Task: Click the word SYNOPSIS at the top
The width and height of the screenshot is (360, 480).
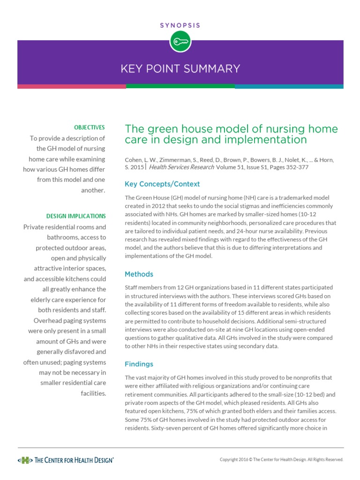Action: pyautogui.click(x=180, y=25)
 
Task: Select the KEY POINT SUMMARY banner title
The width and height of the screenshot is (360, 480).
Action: pyautogui.click(x=180, y=69)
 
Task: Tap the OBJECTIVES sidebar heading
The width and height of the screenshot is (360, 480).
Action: pyautogui.click(x=90, y=127)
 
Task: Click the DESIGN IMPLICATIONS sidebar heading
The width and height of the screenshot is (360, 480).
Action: pyautogui.click(x=76, y=216)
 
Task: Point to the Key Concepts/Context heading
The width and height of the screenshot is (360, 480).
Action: pyautogui.click(x=162, y=184)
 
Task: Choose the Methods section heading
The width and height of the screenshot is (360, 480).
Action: pyautogui.click(x=139, y=274)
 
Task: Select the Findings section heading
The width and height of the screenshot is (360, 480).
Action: pyautogui.click(x=139, y=364)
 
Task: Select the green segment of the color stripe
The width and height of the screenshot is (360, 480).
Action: pyautogui.click(x=180, y=86)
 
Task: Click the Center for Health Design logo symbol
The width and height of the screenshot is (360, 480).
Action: pyautogui.click(x=25, y=460)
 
